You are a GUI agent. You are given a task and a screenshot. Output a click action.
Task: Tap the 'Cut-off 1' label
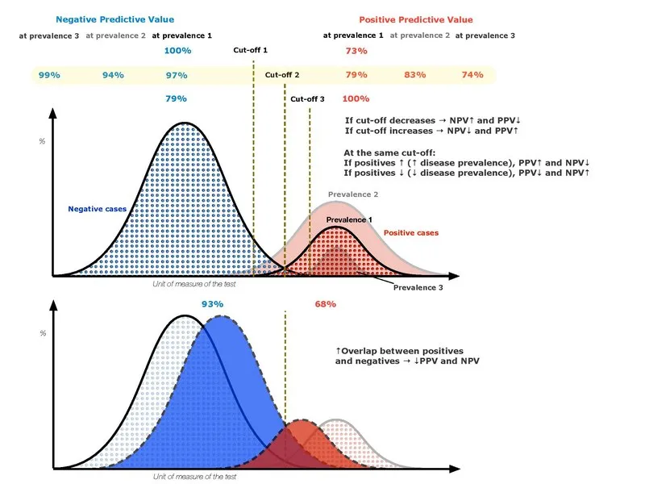pos(250,51)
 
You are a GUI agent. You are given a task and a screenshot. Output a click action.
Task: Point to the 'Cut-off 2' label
pos(282,75)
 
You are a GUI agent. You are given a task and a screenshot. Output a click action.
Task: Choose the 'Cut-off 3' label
pos(307,99)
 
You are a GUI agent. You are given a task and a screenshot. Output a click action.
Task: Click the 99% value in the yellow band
pos(49,75)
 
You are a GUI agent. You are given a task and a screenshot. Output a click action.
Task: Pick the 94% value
pos(113,75)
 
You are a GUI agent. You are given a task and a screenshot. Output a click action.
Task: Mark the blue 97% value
pos(176,75)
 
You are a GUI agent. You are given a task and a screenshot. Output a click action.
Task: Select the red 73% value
pos(356,51)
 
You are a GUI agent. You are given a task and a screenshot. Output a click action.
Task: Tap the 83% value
pos(414,75)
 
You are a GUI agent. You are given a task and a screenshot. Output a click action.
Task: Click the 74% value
pos(472,75)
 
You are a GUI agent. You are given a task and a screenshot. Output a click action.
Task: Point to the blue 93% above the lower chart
pos(212,304)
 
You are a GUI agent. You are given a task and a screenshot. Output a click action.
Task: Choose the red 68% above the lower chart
pos(324,304)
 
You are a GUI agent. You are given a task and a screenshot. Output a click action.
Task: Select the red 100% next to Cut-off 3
pos(356,99)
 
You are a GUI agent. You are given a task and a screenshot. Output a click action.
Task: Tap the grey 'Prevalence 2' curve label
pos(353,194)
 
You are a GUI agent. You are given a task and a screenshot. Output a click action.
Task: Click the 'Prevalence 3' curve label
pos(418,287)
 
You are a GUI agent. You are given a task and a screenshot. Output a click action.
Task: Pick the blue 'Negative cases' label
pos(96,209)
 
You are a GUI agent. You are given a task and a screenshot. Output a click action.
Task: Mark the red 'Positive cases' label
pos(410,232)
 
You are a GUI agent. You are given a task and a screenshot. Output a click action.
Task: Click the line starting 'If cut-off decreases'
pos(431,119)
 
